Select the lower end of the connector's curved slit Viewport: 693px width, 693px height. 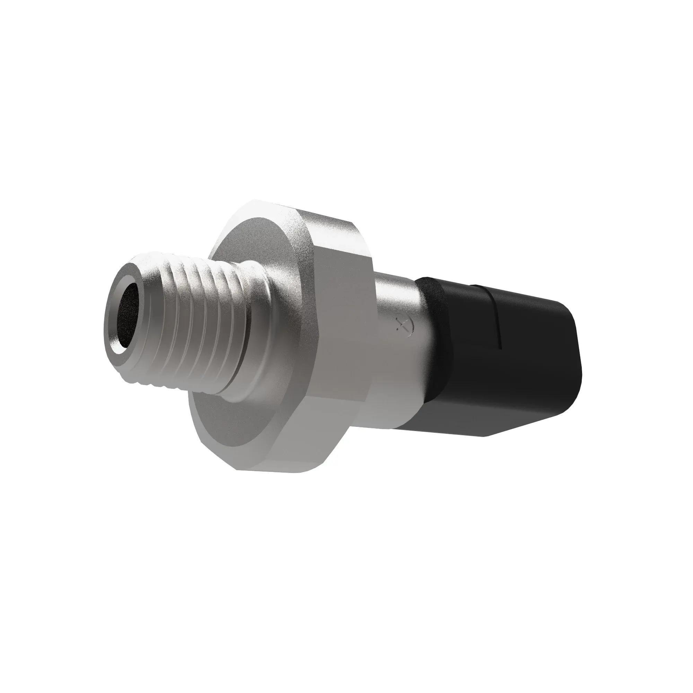click(x=500, y=348)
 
